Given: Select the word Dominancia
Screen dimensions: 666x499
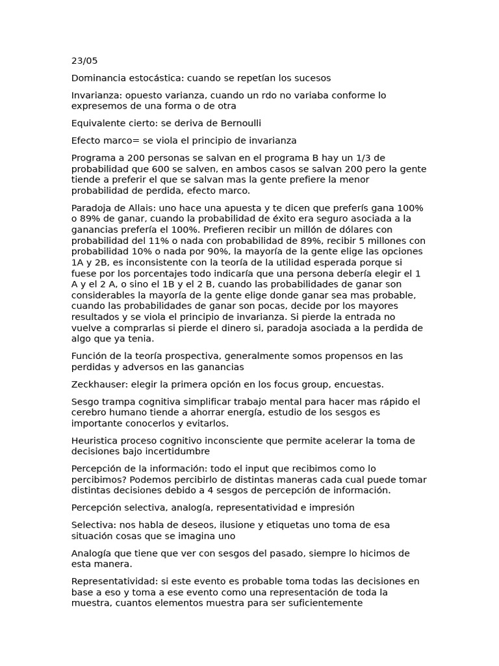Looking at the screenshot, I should pyautogui.click(x=97, y=78).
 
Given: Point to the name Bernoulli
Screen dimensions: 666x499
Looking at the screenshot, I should pyautogui.click(x=239, y=123).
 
